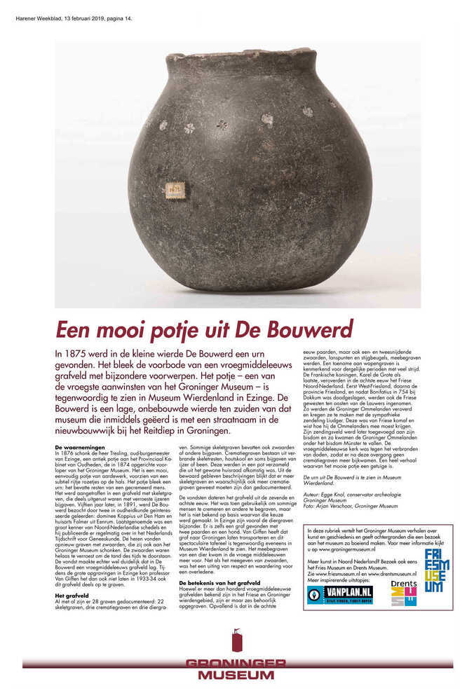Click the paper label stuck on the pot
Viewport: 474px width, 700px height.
tap(175, 188)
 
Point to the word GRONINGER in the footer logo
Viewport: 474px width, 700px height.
tap(236, 664)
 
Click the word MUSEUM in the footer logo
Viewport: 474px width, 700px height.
tap(236, 675)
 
